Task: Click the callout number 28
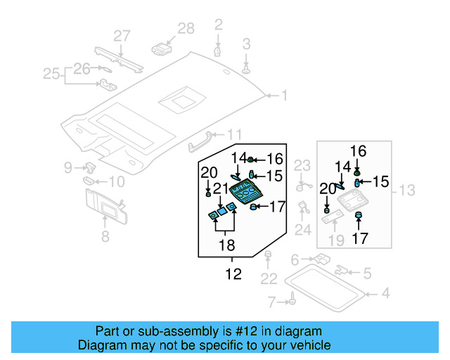pyautogui.click(x=186, y=29)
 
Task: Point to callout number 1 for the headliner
pyautogui.click(x=285, y=95)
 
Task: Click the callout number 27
pyautogui.click(x=122, y=36)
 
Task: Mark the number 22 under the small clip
pyautogui.click(x=268, y=280)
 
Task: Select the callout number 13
pyautogui.click(x=407, y=191)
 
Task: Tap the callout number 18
pyautogui.click(x=226, y=245)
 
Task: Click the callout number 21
pyautogui.click(x=220, y=188)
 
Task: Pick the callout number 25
pyautogui.click(x=52, y=73)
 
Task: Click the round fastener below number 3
pyautogui.click(x=247, y=70)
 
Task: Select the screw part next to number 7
pyautogui.click(x=288, y=302)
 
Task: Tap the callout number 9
pyautogui.click(x=68, y=167)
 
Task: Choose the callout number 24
pyautogui.click(x=303, y=229)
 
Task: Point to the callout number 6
pyautogui.click(x=296, y=259)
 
